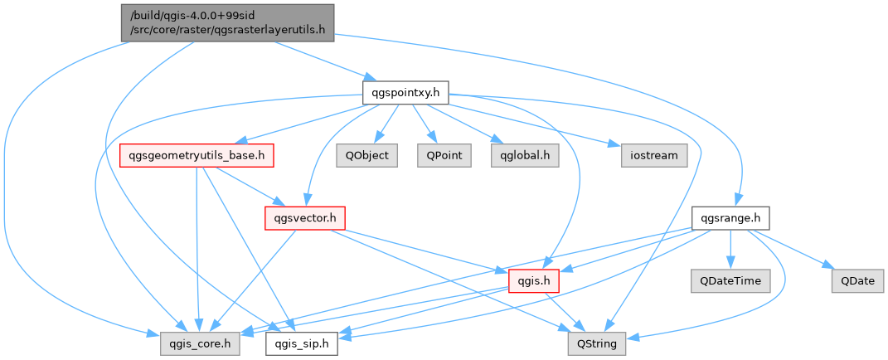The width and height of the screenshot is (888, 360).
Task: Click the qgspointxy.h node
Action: pos(405,92)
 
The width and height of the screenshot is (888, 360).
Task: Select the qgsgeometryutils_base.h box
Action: pos(197,155)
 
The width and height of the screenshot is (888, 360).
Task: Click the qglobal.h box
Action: pos(518,155)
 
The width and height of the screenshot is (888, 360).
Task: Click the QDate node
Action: pos(857,281)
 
